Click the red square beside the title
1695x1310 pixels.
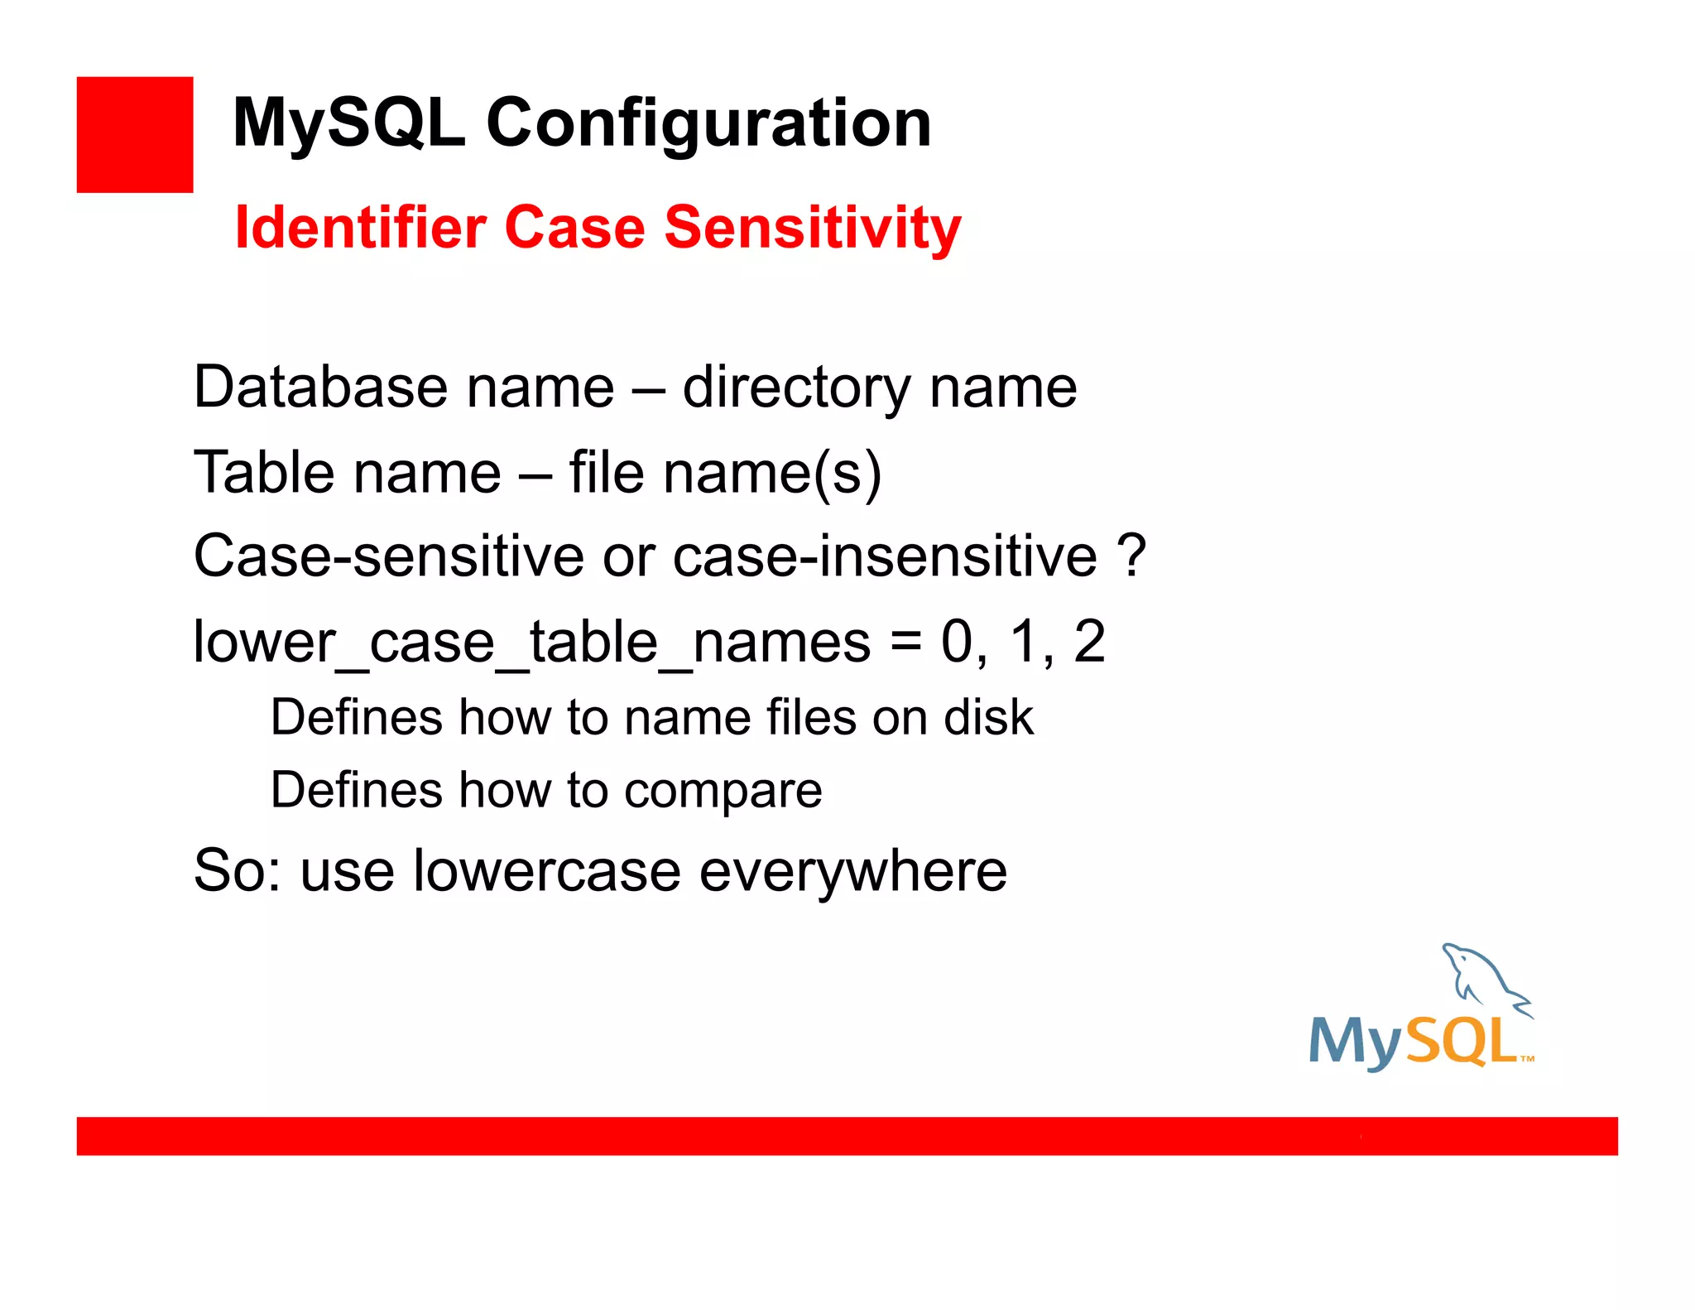coord(134,134)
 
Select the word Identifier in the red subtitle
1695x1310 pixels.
coord(360,227)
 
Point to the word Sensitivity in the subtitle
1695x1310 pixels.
coord(812,227)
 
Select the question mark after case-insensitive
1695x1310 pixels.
coord(1131,555)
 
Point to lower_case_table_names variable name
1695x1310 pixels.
coord(531,642)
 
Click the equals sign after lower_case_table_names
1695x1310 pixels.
coord(906,642)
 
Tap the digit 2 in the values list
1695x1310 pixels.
coord(1088,642)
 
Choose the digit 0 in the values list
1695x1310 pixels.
coord(958,642)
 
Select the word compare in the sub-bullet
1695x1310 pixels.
coord(723,790)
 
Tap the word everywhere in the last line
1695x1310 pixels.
coord(852,871)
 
